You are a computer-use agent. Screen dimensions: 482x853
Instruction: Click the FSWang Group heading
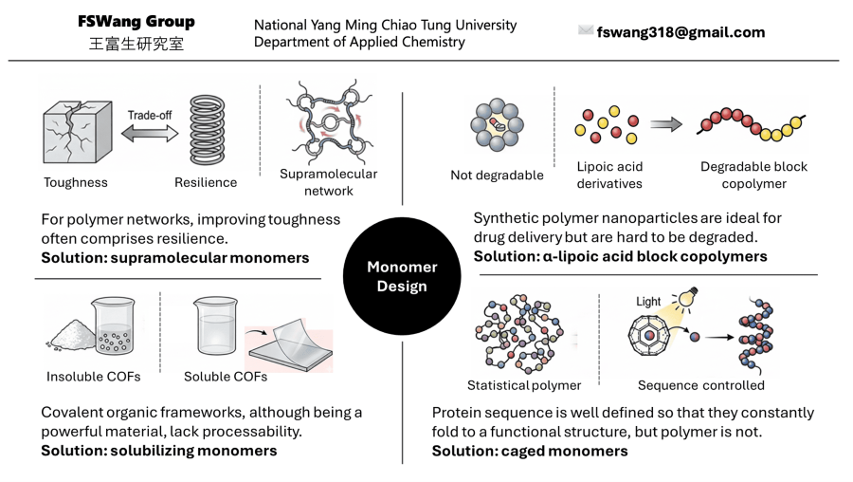coord(136,22)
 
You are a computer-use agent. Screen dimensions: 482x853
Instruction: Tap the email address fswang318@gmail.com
coord(681,32)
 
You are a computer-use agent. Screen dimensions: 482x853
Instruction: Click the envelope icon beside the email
coord(586,30)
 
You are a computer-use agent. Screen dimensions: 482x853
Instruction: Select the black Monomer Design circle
coord(402,276)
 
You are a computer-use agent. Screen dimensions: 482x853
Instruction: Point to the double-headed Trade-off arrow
coord(149,134)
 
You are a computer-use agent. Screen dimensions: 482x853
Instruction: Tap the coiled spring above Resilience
coord(207,131)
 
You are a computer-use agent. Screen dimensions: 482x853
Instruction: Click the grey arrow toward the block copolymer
coord(666,124)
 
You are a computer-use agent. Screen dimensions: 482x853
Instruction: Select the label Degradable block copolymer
coord(753,175)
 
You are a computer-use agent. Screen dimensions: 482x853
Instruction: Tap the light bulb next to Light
coord(688,302)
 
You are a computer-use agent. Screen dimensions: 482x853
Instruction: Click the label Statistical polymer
coord(524,385)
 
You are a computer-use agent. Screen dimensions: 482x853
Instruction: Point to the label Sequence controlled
coord(700,385)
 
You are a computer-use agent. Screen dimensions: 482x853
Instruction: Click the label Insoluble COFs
coord(93,377)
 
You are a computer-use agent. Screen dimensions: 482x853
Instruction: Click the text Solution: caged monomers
coord(530,451)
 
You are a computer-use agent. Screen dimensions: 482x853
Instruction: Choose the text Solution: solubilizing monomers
coord(159,450)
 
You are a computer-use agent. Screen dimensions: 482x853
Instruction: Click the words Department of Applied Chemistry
coord(359,42)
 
